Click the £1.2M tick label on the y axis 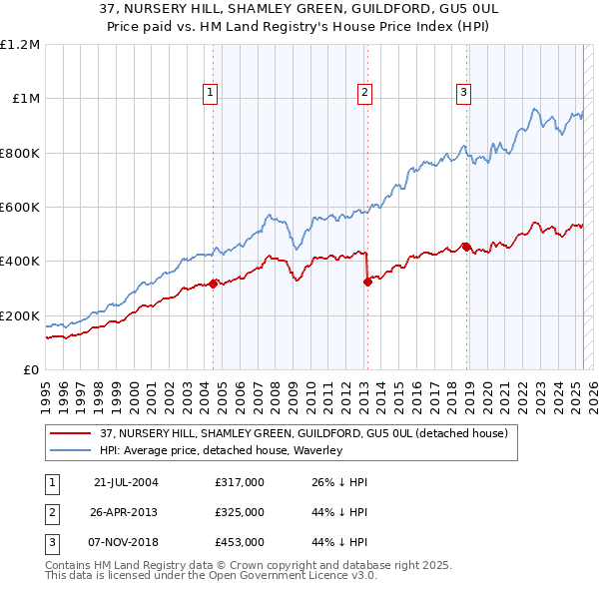tap(20, 44)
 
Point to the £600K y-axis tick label tap(20, 207)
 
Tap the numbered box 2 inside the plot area tap(365, 93)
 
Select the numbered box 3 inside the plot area tap(464, 93)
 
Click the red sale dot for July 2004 tap(214, 284)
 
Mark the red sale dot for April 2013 tap(367, 282)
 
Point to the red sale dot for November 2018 tap(466, 247)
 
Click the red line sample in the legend tap(70, 433)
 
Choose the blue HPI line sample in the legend tap(70, 450)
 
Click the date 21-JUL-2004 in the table tap(126, 482)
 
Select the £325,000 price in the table tap(240, 512)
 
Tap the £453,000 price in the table tap(240, 542)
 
